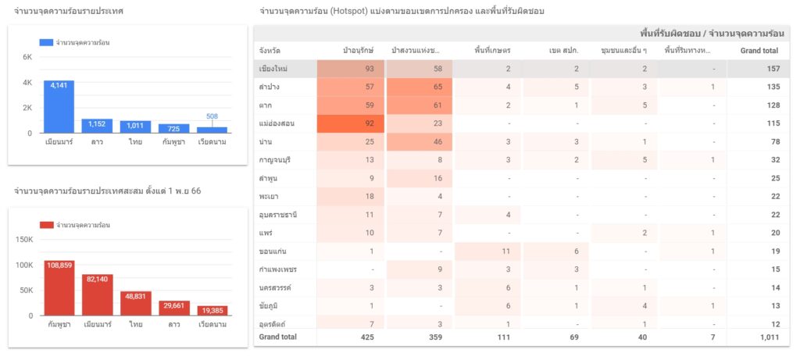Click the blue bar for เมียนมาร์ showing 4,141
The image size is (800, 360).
[59, 107]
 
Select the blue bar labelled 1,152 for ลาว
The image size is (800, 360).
[97, 126]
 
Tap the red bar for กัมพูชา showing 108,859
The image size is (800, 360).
[59, 288]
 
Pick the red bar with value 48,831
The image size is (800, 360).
[136, 304]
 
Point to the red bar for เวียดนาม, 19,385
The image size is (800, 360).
[212, 311]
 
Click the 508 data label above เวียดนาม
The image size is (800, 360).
[212, 116]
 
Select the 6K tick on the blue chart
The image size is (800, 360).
[27, 57]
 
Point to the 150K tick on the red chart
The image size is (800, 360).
[24, 240]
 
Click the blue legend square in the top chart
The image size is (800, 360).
[46, 43]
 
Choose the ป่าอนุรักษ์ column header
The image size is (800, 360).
[359, 51]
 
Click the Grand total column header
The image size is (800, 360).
[759, 51]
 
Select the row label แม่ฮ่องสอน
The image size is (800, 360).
[277, 123]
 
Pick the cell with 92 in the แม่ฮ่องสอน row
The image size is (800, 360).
[351, 123]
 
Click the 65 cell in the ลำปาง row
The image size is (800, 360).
[420, 87]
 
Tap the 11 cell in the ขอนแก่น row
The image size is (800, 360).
[487, 251]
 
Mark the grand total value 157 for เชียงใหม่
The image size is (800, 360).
[773, 69]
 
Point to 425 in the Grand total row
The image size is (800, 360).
[367, 337]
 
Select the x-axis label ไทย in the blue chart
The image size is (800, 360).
[135, 142]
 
